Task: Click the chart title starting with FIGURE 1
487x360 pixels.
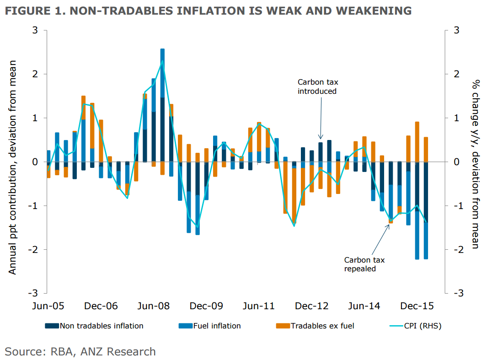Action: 208,11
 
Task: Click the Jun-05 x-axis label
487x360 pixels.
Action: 48,306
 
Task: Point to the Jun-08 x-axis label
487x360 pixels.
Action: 154,306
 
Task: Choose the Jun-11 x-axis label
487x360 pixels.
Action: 259,306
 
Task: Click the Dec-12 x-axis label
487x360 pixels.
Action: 312,306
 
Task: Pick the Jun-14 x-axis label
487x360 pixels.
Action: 365,306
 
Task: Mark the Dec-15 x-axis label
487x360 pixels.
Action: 417,306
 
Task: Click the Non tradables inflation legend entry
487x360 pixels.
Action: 101,326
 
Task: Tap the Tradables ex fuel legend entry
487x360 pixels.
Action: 322,326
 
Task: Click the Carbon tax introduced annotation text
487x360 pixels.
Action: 317,86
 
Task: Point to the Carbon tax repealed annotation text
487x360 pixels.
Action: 364,264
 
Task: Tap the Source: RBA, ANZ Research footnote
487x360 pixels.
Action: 80,351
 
